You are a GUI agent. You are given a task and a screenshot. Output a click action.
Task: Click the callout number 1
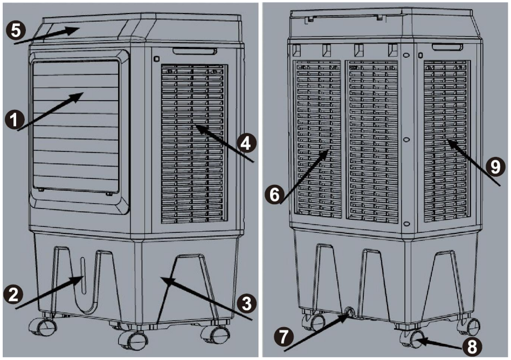(x=13, y=119)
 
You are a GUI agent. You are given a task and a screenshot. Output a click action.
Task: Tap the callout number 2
(x=13, y=294)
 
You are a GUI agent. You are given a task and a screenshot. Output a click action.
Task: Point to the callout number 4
(x=247, y=143)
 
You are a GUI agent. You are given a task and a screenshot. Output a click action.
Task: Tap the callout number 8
(x=472, y=347)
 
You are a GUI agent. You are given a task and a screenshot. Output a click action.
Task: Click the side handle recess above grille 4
(x=195, y=51)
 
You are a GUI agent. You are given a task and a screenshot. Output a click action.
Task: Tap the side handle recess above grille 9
(x=447, y=47)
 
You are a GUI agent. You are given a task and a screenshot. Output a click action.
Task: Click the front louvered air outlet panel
(x=75, y=126)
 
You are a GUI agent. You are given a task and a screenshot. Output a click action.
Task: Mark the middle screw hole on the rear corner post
(x=406, y=140)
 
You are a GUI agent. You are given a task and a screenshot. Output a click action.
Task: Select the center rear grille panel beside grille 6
(x=372, y=141)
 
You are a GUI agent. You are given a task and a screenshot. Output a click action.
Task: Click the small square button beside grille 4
(x=156, y=59)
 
